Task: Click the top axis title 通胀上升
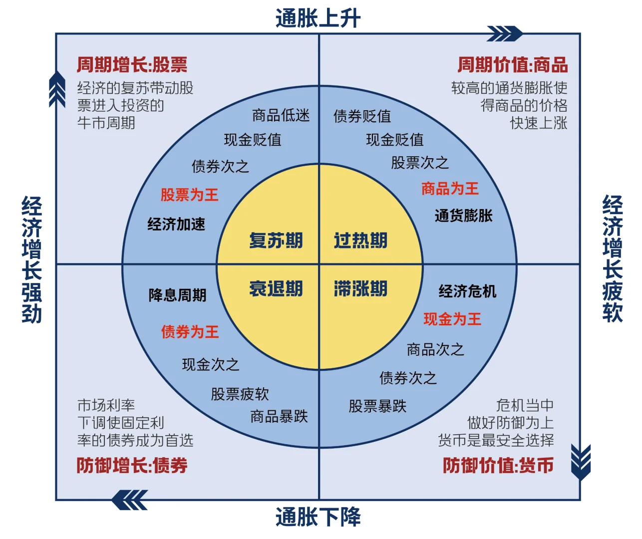click(318, 18)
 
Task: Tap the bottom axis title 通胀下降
click(318, 517)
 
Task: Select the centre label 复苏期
click(276, 241)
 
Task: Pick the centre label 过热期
click(360, 241)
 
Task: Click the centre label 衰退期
click(276, 288)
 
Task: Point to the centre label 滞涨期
click(360, 288)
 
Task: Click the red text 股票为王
click(190, 195)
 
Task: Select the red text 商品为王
click(450, 189)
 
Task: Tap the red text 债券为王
click(190, 332)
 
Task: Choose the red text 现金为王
click(452, 319)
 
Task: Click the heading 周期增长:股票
click(132, 65)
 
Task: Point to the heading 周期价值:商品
click(513, 65)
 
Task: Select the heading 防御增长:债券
click(132, 466)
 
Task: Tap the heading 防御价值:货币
click(498, 466)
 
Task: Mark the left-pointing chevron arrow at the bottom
click(130, 500)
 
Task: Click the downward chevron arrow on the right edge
click(581, 462)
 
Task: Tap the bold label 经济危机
click(467, 291)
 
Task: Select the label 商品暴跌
click(279, 417)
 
